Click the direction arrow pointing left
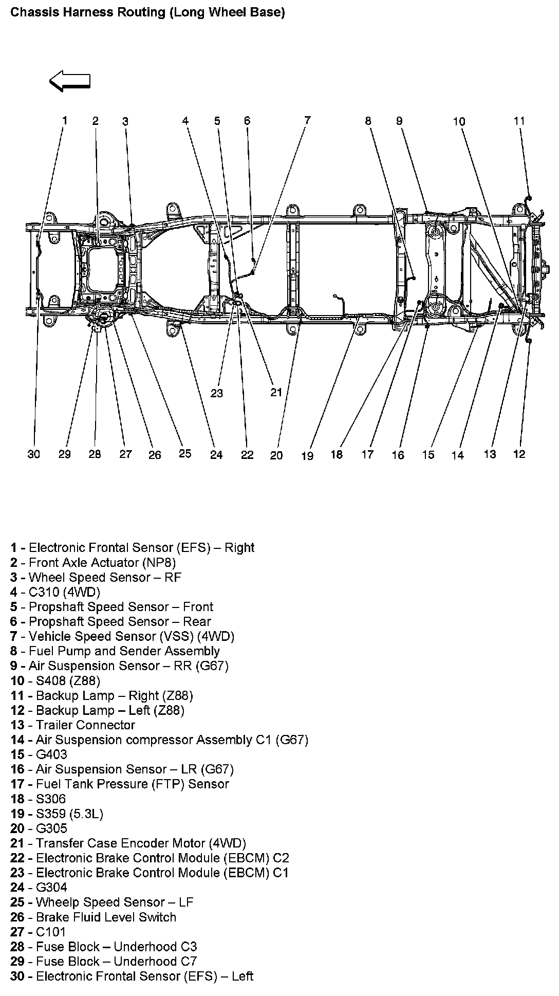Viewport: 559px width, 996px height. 69,81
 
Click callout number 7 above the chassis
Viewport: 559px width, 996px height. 307,120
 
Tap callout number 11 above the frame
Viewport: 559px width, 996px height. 519,121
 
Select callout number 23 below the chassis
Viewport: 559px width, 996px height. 217,393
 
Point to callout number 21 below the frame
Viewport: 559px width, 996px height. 276,393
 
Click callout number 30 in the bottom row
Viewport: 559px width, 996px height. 33,454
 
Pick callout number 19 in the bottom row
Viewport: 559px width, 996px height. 307,455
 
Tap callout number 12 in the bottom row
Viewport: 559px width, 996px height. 519,454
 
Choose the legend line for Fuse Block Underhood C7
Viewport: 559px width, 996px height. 103,962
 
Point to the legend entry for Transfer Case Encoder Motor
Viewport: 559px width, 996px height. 128,843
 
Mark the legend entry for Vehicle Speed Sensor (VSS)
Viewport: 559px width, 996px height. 122,636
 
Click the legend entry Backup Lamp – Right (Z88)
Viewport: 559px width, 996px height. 102,696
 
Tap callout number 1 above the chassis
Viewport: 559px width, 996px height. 65,120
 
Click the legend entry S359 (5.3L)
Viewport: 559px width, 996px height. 57,814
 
